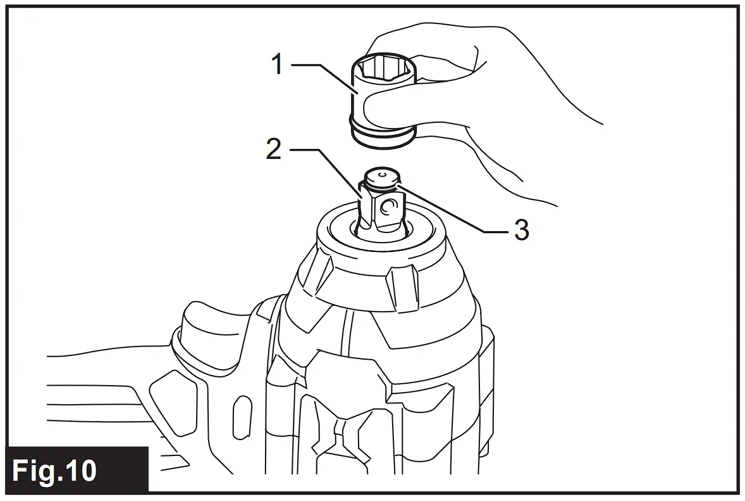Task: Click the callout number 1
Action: (x=276, y=65)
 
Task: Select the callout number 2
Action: (x=273, y=149)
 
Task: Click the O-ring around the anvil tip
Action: (x=383, y=186)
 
